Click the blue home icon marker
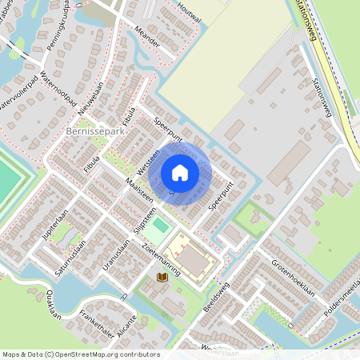(180, 173)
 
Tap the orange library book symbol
(162, 277)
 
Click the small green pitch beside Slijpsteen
(161, 226)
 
